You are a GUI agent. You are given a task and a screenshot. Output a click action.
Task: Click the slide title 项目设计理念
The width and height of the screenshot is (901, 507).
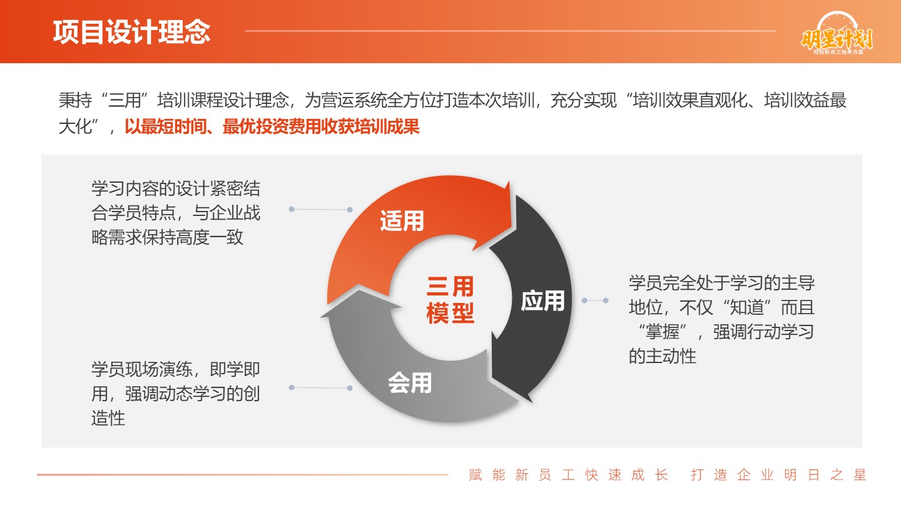coord(131,32)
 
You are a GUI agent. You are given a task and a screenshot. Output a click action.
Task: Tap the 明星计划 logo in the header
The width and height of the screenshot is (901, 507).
coord(837,34)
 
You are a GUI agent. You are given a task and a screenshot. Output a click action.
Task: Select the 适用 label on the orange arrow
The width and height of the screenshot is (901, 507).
coord(402,221)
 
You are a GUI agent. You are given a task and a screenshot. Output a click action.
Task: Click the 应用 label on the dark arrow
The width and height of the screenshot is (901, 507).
coord(542,301)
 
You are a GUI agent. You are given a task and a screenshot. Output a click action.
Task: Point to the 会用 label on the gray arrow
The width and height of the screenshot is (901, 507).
coord(410,382)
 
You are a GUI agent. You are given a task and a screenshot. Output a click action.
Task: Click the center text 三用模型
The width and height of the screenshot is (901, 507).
coord(450,300)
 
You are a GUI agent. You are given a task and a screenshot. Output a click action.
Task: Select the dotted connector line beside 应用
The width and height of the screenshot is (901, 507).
coord(595,300)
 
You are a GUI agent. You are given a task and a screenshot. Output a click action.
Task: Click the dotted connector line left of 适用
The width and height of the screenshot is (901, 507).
coord(320,209)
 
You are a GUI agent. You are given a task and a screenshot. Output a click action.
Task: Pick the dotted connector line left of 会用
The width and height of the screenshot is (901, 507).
coord(320,388)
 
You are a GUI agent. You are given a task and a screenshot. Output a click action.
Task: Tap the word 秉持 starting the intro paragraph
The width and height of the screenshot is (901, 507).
coord(75,100)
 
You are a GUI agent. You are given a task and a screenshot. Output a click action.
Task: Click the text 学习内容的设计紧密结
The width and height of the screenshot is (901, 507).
coord(176,188)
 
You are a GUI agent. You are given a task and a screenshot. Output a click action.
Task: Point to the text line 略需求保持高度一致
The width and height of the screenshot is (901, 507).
coord(167,237)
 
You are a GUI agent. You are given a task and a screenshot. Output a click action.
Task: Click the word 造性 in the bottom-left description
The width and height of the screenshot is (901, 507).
coord(108,418)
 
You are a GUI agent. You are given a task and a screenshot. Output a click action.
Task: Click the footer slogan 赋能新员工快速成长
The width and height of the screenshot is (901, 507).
coord(568,475)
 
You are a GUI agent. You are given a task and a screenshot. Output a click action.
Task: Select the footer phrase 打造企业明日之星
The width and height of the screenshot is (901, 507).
coord(779,475)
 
